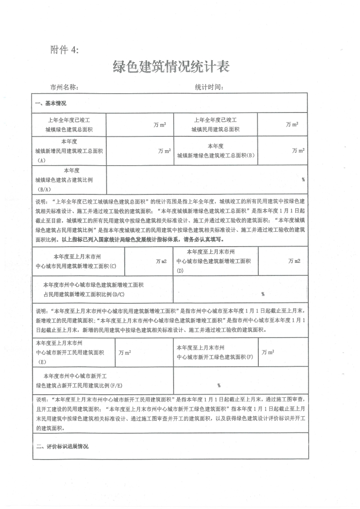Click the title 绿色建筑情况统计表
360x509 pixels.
click(171, 67)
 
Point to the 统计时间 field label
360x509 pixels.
click(209, 87)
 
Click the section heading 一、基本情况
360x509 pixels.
click(51, 104)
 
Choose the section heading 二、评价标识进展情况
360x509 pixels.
click(62, 446)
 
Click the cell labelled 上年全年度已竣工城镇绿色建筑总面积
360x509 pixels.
click(69, 125)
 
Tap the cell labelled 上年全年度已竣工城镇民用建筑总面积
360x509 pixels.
click(215, 125)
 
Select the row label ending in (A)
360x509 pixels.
click(69, 151)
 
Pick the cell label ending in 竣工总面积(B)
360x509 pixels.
click(216, 151)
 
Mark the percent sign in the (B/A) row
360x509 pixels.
click(303, 179)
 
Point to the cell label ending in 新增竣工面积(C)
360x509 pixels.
click(77, 261)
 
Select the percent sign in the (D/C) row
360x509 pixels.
click(262, 294)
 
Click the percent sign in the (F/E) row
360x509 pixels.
click(219, 385)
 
